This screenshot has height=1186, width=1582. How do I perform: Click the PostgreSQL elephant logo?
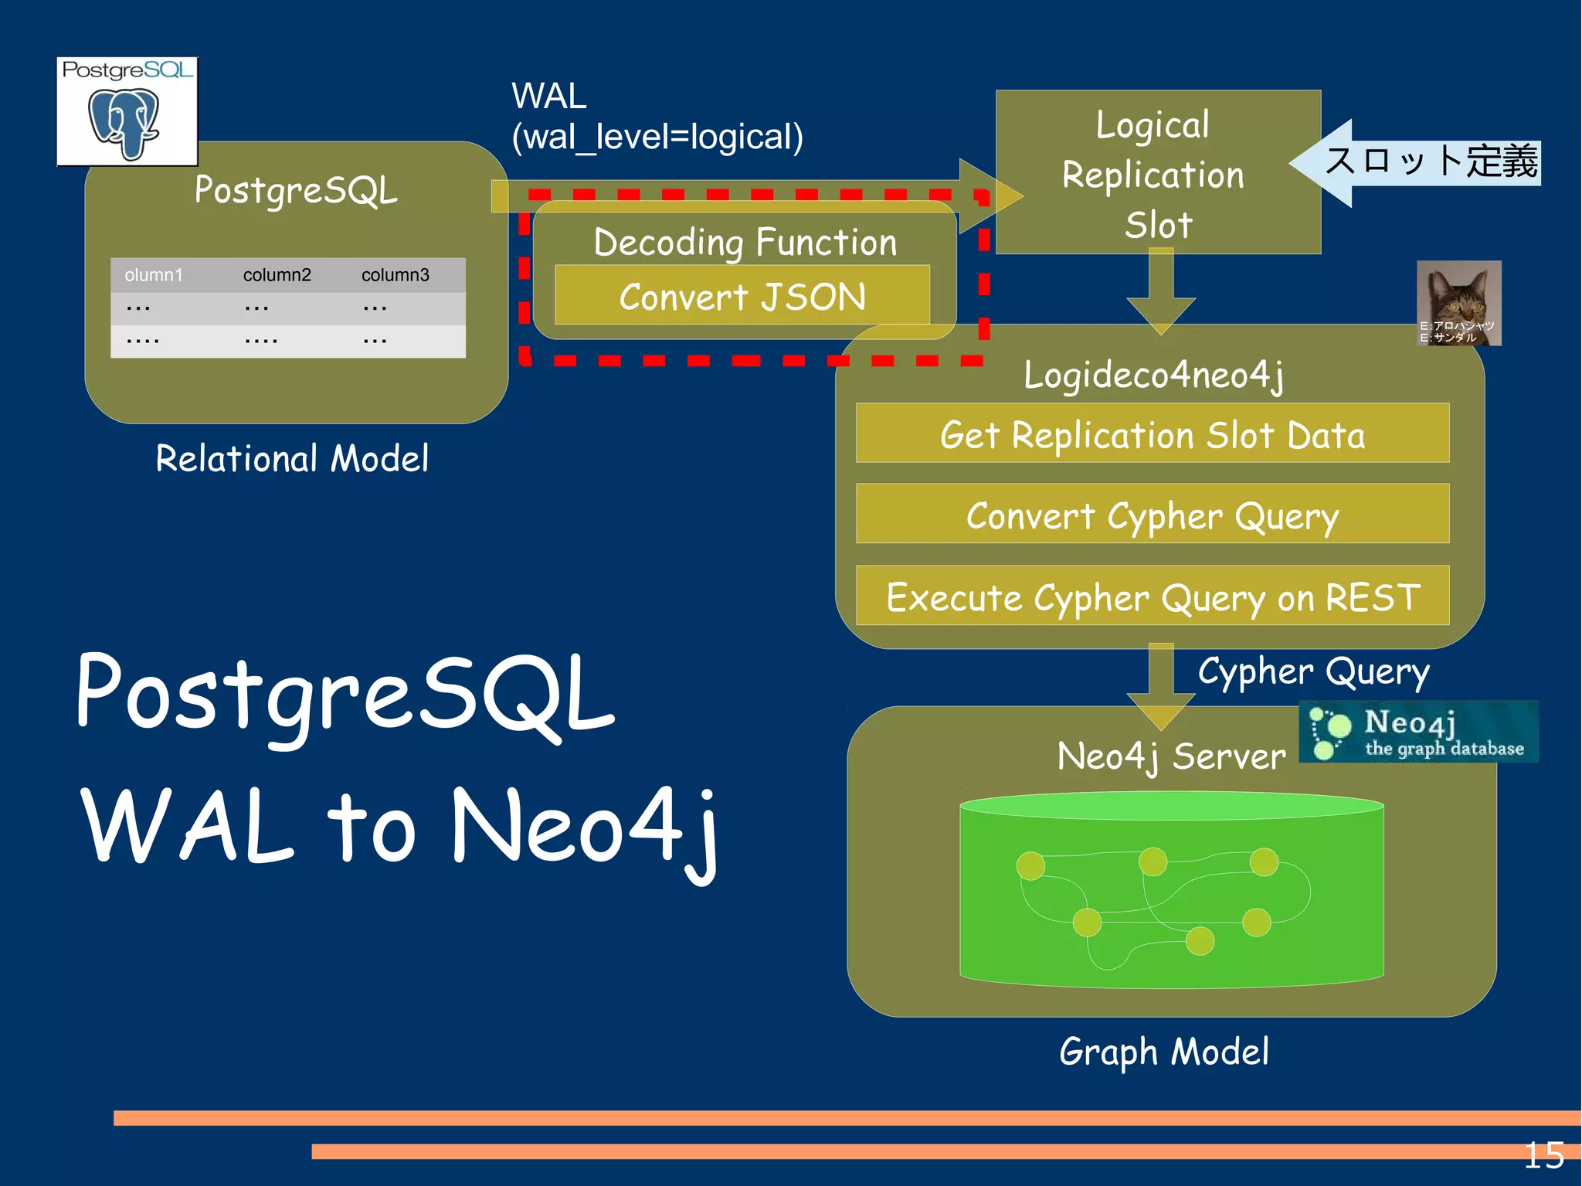[x=127, y=112]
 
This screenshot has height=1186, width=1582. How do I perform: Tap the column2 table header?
[x=277, y=275]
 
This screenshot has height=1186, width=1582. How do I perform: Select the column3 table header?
[x=395, y=275]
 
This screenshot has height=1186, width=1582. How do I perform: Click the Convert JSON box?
[x=742, y=296]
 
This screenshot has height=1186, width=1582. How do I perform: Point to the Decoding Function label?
[x=745, y=242]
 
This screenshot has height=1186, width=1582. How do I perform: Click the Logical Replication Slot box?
[x=1156, y=172]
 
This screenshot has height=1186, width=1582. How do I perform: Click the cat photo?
[x=1458, y=301]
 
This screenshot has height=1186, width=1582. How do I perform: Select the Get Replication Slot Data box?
[x=1152, y=433]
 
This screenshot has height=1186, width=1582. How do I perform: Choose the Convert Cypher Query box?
[x=1152, y=515]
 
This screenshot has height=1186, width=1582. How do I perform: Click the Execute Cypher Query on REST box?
[x=1152, y=596]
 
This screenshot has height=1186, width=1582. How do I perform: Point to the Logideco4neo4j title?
[x=1153, y=375]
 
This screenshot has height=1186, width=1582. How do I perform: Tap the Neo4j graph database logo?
[x=1418, y=732]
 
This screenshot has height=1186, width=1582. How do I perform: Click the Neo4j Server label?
[x=1171, y=756]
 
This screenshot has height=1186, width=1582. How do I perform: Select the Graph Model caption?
[x=1163, y=1052]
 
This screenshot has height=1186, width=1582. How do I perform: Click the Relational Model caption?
[x=292, y=458]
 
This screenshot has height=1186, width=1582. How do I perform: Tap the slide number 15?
[x=1543, y=1156]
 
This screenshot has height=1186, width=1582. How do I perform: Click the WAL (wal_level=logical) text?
[x=657, y=117]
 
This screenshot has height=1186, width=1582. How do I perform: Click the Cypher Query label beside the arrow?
[x=1313, y=671]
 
